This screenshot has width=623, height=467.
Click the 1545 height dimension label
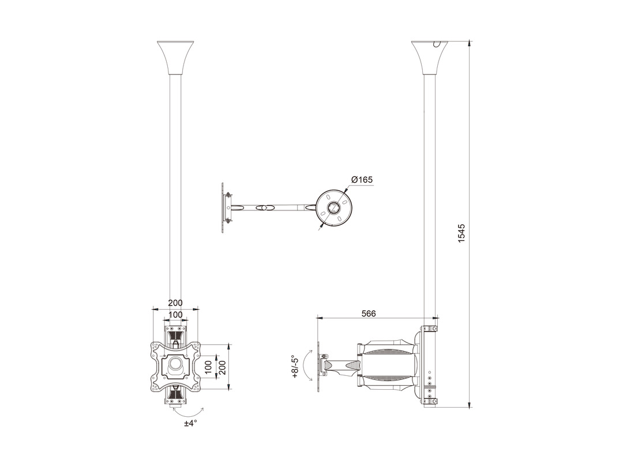[461, 233]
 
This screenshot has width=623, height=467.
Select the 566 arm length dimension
[368, 313]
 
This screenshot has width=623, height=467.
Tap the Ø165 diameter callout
[362, 180]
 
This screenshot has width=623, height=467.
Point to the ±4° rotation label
[191, 423]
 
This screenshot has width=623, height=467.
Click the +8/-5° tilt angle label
[295, 367]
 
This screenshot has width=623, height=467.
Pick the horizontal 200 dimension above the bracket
[175, 303]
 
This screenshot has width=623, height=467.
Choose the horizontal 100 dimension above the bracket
[175, 315]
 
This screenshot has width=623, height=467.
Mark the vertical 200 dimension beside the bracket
[222, 367]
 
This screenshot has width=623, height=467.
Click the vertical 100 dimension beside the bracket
[209, 367]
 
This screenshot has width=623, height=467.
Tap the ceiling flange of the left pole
[175, 58]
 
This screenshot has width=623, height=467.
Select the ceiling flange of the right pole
[430, 58]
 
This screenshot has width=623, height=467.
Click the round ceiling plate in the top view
[334, 208]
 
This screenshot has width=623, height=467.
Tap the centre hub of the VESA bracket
[175, 367]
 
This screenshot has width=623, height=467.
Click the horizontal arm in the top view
[274, 208]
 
